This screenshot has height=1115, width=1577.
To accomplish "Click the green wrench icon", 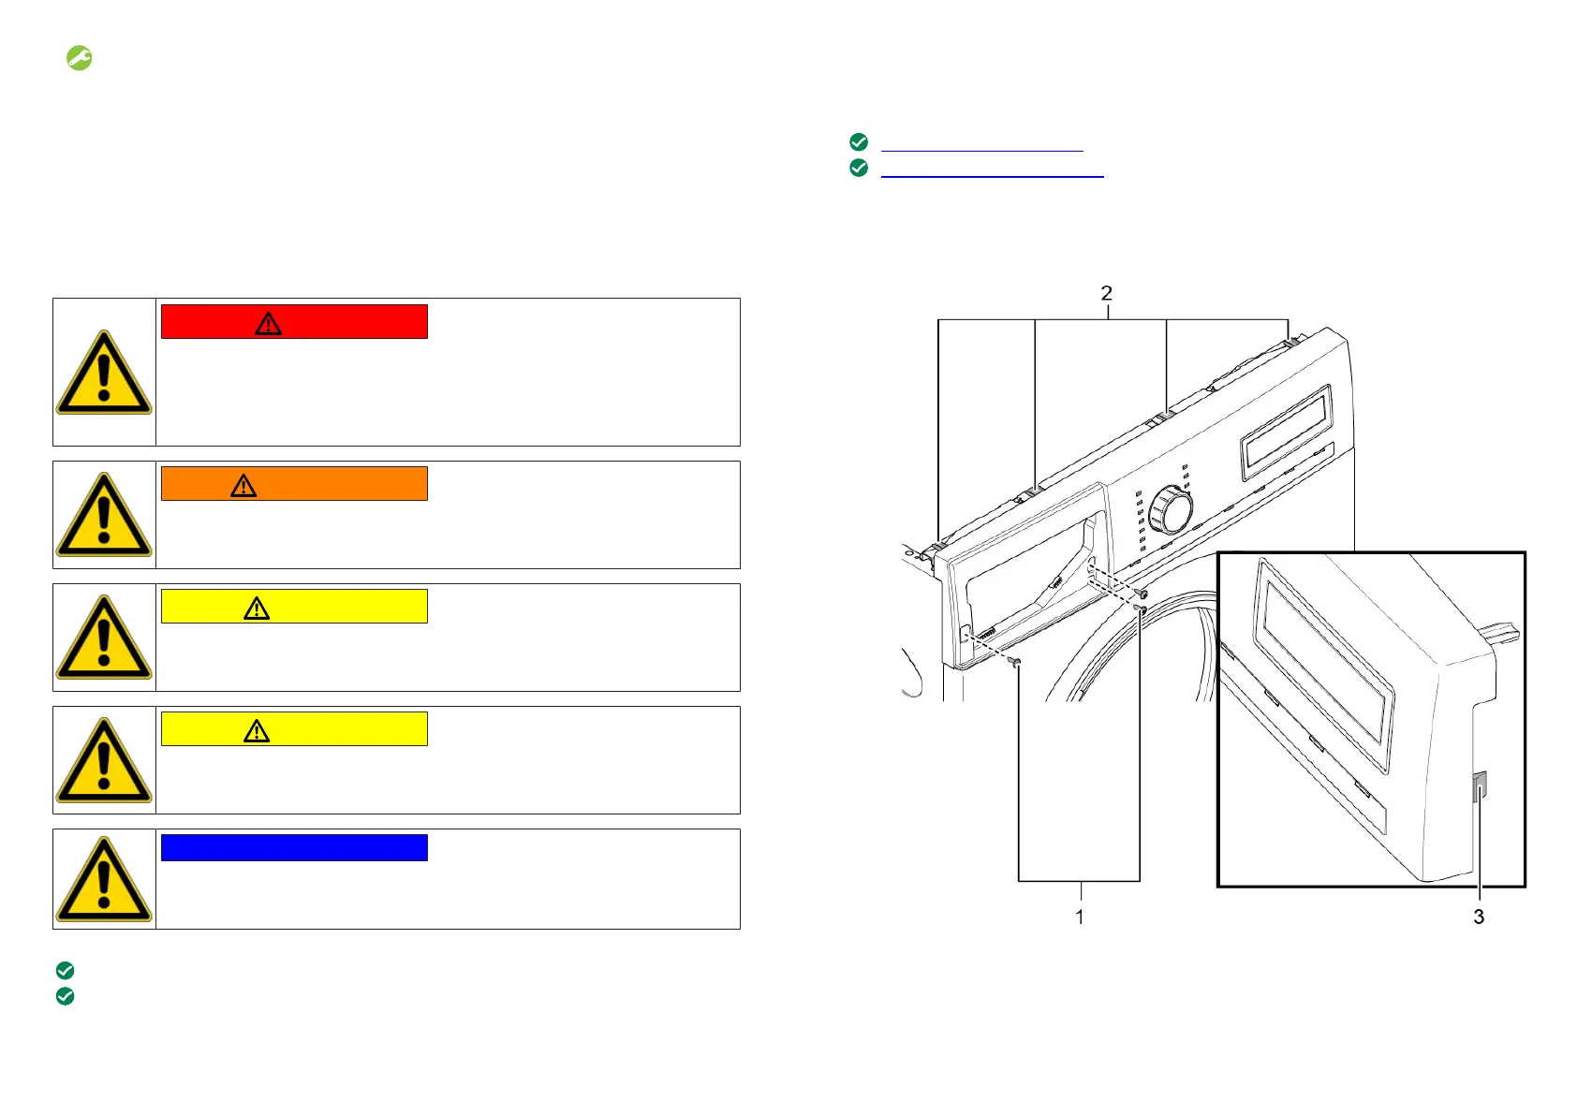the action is [x=79, y=58].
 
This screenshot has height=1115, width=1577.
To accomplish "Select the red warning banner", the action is [x=294, y=322].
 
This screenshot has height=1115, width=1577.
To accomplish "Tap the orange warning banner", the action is [x=294, y=484].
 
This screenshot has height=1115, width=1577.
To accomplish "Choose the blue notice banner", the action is [x=294, y=847].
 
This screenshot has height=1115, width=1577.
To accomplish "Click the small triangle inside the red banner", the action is [x=268, y=324].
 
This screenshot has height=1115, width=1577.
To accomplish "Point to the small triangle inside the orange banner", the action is [x=243, y=486].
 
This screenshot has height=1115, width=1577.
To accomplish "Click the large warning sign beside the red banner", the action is [x=104, y=373].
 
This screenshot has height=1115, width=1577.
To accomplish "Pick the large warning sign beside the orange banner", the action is [x=104, y=515].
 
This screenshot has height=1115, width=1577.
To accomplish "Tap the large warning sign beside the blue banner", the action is [x=104, y=879].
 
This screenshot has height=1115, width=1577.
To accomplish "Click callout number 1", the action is [x=1079, y=917].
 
